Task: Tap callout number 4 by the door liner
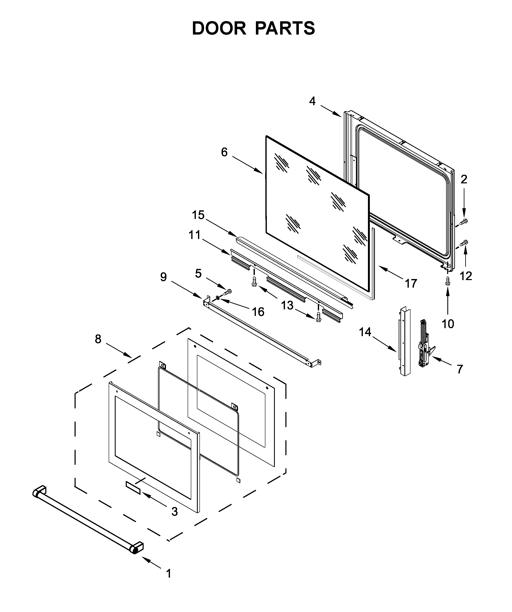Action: (312, 101)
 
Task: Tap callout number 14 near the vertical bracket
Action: (365, 332)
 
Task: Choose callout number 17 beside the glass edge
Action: (411, 283)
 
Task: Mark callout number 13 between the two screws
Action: (287, 305)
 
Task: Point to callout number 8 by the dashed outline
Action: (98, 339)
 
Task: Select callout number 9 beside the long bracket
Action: (163, 277)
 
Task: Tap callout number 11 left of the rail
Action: (195, 235)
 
